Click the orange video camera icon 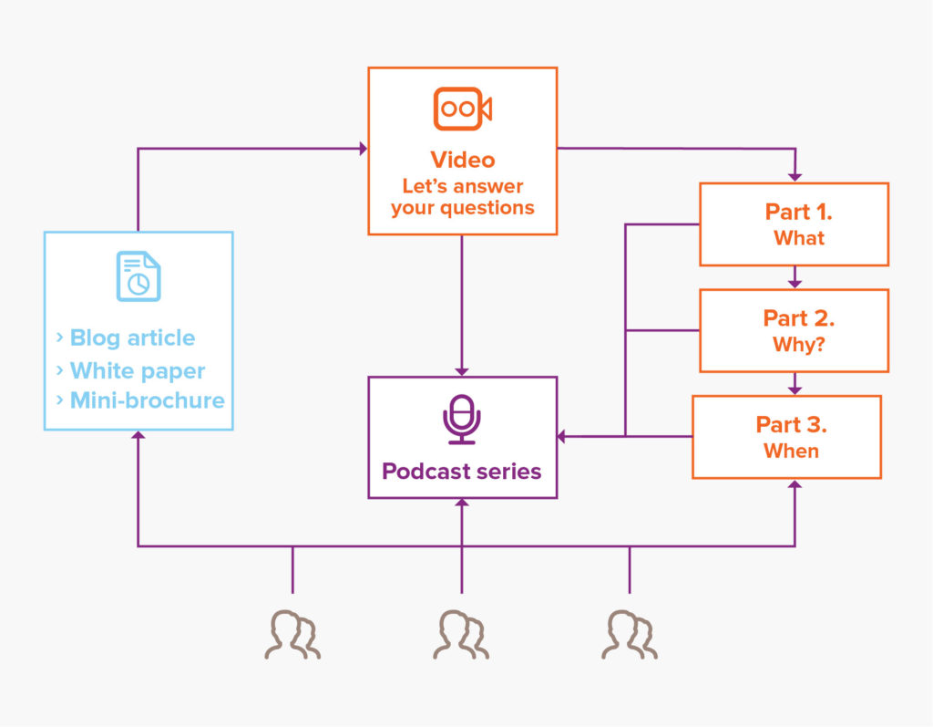pyautogui.click(x=462, y=109)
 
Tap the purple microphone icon pyautogui.click(x=462, y=420)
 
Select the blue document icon pyautogui.click(x=138, y=276)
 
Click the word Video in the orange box pyautogui.click(x=462, y=160)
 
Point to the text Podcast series pyautogui.click(x=462, y=472)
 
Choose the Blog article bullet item pyautogui.click(x=132, y=338)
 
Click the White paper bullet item pyautogui.click(x=137, y=371)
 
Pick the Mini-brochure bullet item pyautogui.click(x=146, y=400)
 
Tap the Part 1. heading pyautogui.click(x=798, y=212)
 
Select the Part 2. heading pyautogui.click(x=798, y=318)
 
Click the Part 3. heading pyautogui.click(x=791, y=425)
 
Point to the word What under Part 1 pyautogui.click(x=798, y=238)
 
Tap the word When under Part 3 pyautogui.click(x=791, y=451)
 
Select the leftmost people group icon pyautogui.click(x=292, y=634)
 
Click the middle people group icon pyautogui.click(x=462, y=634)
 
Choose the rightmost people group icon pyautogui.click(x=630, y=634)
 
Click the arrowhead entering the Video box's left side pyautogui.click(x=363, y=148)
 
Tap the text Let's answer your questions pyautogui.click(x=462, y=197)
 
